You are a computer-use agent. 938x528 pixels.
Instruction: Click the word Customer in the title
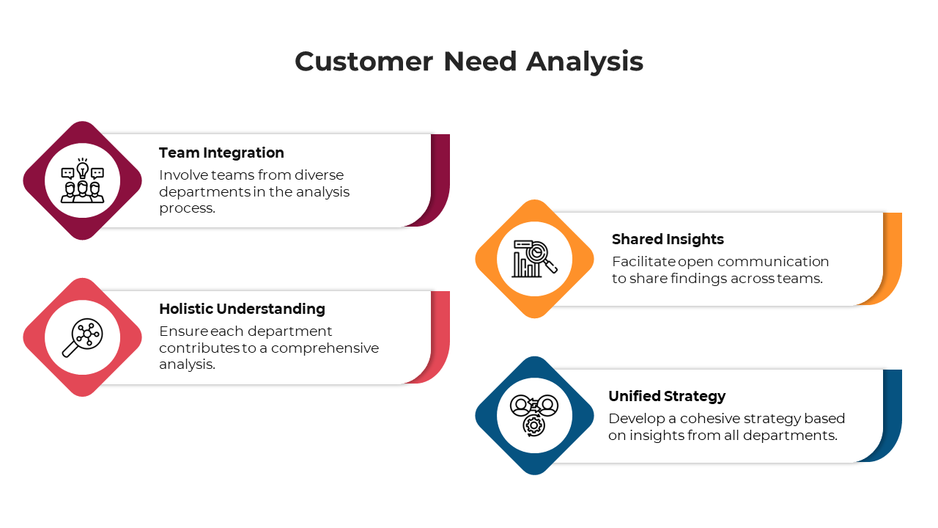pos(363,62)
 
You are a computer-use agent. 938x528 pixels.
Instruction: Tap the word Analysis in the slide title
pos(585,62)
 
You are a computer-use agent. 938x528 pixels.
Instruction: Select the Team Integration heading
pos(221,153)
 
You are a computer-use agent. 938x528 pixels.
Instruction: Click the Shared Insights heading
pos(668,239)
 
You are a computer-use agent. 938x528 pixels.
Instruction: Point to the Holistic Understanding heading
pos(242,309)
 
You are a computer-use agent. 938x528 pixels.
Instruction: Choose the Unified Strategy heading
pos(667,396)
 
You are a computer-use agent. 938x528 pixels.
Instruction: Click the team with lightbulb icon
pos(82,180)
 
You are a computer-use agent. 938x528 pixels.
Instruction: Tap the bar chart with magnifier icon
pos(535,259)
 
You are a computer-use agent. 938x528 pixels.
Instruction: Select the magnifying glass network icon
pos(82,337)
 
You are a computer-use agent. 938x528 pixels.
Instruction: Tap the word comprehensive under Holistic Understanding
pos(325,348)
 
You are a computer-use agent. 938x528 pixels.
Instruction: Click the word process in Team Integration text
pos(187,208)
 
